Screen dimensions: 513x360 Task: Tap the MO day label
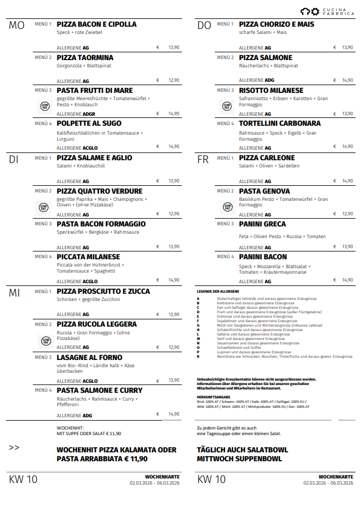click(x=17, y=26)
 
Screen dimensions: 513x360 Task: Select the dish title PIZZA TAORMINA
click(x=85, y=58)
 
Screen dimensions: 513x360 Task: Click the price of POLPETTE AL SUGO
click(x=174, y=147)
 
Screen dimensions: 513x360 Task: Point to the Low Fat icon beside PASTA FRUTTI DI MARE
click(x=45, y=106)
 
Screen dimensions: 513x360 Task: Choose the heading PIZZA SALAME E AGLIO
click(x=94, y=158)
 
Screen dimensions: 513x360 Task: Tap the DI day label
click(x=14, y=160)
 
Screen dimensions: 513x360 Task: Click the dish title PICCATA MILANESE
click(x=88, y=257)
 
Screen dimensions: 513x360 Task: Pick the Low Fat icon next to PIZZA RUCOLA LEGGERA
click(x=45, y=339)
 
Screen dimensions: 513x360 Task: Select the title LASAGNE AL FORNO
click(x=90, y=357)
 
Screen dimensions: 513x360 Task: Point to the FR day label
click(x=203, y=160)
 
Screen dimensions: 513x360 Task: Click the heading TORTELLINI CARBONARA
click(x=279, y=124)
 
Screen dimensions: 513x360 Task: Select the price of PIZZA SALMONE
click(x=347, y=81)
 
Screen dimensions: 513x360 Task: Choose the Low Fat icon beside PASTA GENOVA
click(x=227, y=206)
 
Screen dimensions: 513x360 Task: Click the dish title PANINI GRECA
click(x=262, y=224)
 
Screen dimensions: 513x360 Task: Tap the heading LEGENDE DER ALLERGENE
click(x=218, y=292)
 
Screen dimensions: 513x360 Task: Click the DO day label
click(x=204, y=26)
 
